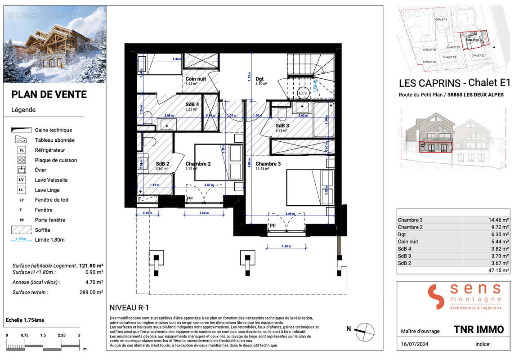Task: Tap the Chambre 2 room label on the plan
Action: pyautogui.click(x=198, y=164)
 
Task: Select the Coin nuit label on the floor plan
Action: pyautogui.click(x=196, y=79)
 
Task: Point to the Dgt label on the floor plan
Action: pyautogui.click(x=259, y=78)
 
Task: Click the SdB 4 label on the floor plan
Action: pyautogui.click(x=192, y=104)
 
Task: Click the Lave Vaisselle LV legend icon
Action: pyautogui.click(x=21, y=180)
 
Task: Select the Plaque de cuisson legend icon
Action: pyautogui.click(x=21, y=160)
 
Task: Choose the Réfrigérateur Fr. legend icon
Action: pyautogui.click(x=21, y=150)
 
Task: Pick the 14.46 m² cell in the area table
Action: pyautogui.click(x=498, y=220)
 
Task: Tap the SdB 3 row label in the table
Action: pyautogui.click(x=405, y=256)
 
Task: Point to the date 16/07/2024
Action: pyautogui.click(x=413, y=344)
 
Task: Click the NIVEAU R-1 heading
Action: pyautogui.click(x=129, y=308)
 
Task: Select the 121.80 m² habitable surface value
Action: pyautogui.click(x=91, y=266)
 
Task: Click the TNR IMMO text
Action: pyautogui.click(x=479, y=330)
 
